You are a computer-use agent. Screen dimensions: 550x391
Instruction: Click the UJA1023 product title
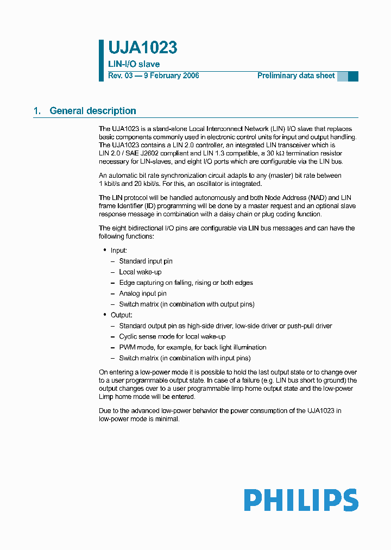coord(142,48)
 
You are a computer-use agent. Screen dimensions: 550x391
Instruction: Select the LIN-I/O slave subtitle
coord(134,64)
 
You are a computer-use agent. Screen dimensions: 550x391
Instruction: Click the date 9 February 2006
coord(171,76)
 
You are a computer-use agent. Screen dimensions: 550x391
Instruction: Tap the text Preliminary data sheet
coord(296,76)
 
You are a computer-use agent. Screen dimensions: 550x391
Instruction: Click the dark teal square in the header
coord(353,77)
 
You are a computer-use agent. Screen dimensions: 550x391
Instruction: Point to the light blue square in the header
coord(342,77)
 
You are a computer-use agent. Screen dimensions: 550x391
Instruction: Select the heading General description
coord(93,111)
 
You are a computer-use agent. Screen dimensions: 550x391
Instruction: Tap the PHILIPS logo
coord(301,500)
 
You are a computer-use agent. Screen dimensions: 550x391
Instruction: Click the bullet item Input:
coord(119,251)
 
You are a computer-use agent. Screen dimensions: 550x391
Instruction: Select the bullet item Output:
coord(121,315)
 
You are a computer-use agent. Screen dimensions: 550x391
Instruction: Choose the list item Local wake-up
coord(140,272)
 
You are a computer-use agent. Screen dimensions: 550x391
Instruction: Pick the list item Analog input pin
coord(143,293)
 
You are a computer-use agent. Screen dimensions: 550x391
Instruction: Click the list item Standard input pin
coord(146,261)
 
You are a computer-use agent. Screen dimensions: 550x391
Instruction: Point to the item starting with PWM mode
coord(193,347)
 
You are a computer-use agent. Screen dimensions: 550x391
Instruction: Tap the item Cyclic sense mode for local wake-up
coord(172,336)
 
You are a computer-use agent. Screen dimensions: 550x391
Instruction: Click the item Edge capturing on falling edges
coord(186,283)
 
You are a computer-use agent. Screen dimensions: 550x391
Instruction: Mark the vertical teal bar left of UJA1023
coord(101,60)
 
